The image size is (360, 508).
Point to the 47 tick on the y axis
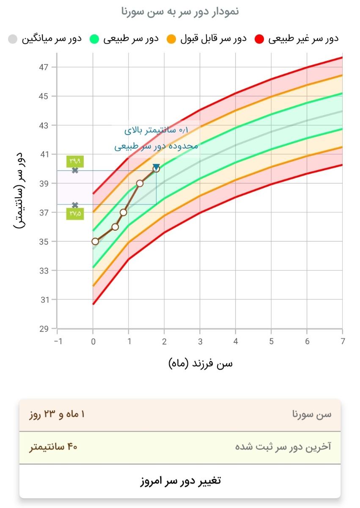tap(44, 67)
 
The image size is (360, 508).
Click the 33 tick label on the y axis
tap(44, 271)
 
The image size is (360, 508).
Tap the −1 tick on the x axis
tap(57, 341)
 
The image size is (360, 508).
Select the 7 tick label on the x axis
tap(343, 341)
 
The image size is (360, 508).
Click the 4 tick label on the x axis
tap(236, 341)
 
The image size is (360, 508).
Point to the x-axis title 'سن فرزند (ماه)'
tap(201, 363)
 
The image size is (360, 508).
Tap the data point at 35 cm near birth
tap(95, 241)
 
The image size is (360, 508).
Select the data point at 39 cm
tap(140, 183)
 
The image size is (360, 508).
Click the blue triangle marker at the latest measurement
tap(156, 167)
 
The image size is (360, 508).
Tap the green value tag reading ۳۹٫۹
tap(75, 161)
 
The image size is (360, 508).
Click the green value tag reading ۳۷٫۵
tap(75, 214)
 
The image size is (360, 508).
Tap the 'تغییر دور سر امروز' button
tap(180, 481)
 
